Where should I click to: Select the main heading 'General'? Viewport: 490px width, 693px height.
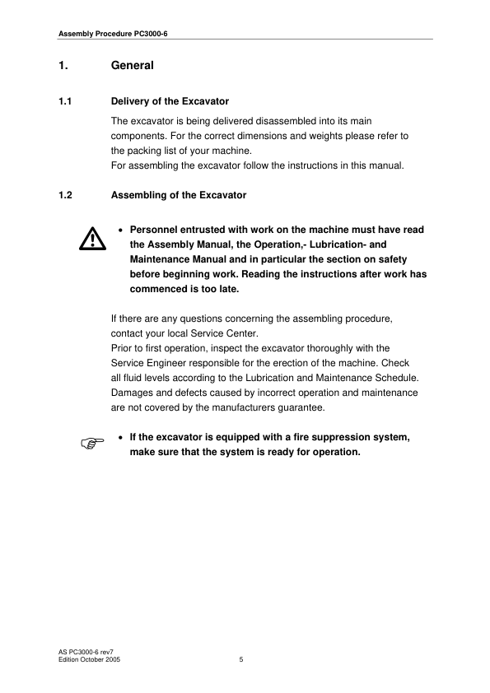click(132, 64)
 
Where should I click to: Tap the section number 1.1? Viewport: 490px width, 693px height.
click(66, 102)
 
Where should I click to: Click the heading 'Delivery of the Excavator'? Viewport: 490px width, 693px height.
click(170, 102)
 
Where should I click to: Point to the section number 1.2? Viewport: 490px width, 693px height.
click(66, 195)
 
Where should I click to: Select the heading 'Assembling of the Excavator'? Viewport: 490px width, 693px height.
click(178, 195)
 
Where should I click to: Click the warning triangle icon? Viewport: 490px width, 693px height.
click(92, 239)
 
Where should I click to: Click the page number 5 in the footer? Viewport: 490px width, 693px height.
click(240, 659)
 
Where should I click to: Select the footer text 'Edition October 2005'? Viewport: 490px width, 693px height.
click(91, 659)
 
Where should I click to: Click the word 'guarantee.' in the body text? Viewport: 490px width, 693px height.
click(301, 407)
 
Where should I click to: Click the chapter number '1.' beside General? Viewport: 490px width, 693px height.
click(62, 64)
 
